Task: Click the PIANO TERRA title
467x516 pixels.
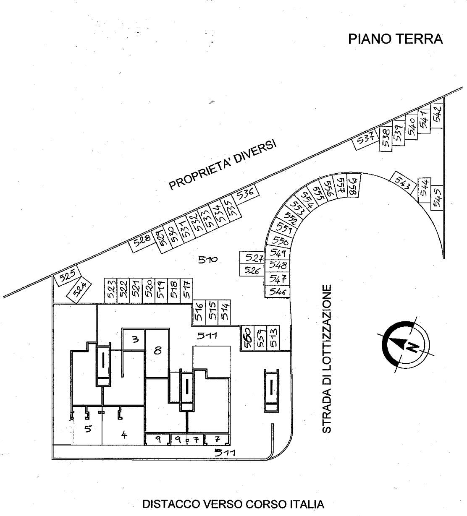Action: (395, 39)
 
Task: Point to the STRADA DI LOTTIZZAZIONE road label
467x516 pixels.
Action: (327, 359)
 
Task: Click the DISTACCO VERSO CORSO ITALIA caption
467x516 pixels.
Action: (233, 504)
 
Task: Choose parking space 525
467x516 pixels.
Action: (67, 277)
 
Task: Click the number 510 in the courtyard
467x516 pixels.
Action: (207, 260)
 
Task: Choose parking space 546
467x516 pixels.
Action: (278, 292)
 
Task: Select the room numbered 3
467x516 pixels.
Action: (134, 339)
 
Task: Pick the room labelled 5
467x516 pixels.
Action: (88, 429)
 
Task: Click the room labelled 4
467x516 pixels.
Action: (123, 435)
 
